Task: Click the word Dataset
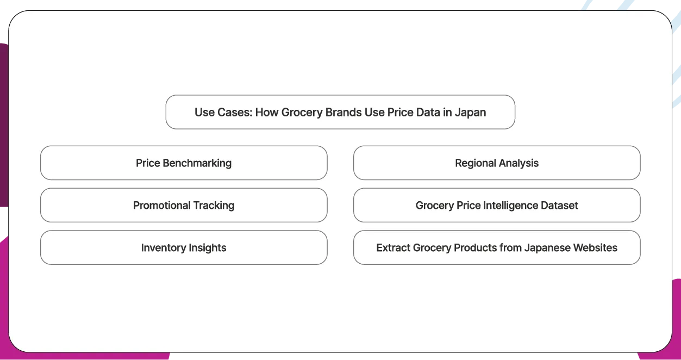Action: tap(559, 205)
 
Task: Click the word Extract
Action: tap(393, 247)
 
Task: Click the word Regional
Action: tap(474, 163)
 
